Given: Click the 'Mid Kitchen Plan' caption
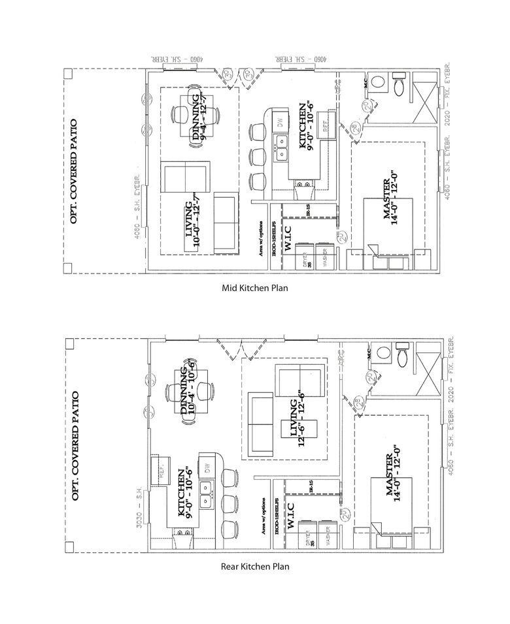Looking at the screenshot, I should pyautogui.click(x=255, y=287).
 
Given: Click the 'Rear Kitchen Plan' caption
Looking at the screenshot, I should pyautogui.click(x=255, y=567).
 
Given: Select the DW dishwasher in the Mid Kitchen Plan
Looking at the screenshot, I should pyautogui.click(x=280, y=123).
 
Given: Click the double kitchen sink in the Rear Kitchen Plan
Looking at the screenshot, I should pyautogui.click(x=209, y=494).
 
